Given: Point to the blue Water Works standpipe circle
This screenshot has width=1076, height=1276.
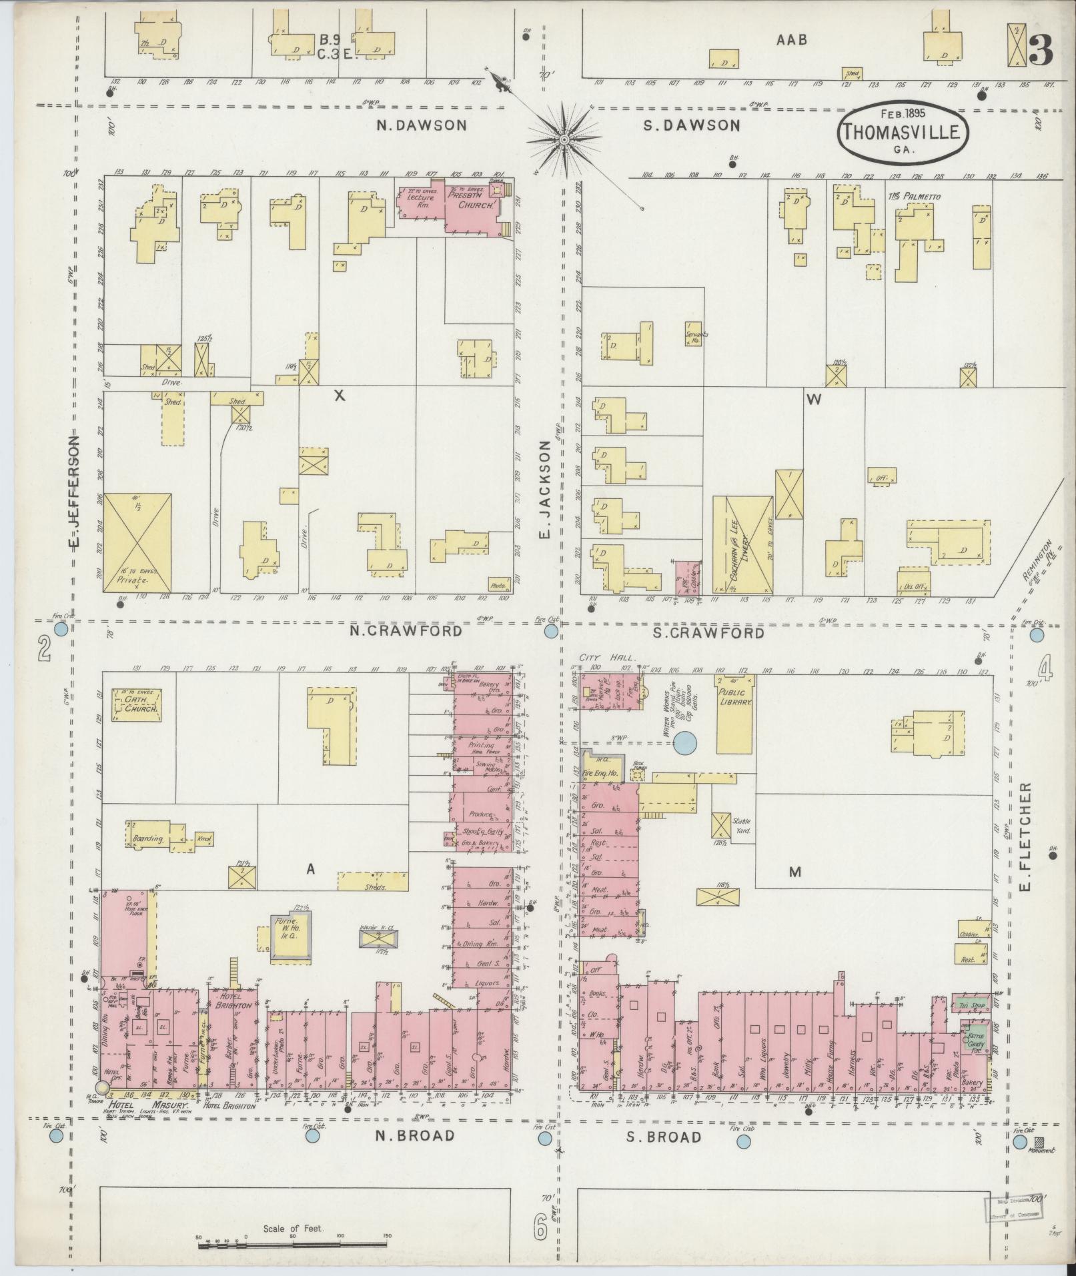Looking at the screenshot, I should (x=684, y=742).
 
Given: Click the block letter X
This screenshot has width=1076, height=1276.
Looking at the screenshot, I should (x=340, y=396).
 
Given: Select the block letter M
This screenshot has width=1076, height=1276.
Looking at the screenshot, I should (x=794, y=871).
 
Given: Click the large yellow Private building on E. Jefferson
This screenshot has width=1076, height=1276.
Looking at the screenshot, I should (x=137, y=542).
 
